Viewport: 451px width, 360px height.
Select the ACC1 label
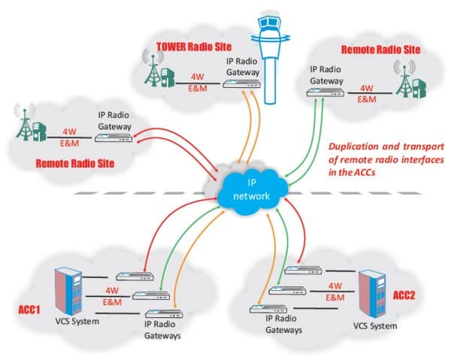pyautogui.click(x=29, y=308)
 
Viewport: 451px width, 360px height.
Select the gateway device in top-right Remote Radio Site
pyautogui.click(x=325, y=94)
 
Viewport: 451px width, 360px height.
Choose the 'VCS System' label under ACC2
pyautogui.click(x=374, y=326)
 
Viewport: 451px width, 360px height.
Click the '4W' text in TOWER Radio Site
pyautogui.click(x=198, y=77)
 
